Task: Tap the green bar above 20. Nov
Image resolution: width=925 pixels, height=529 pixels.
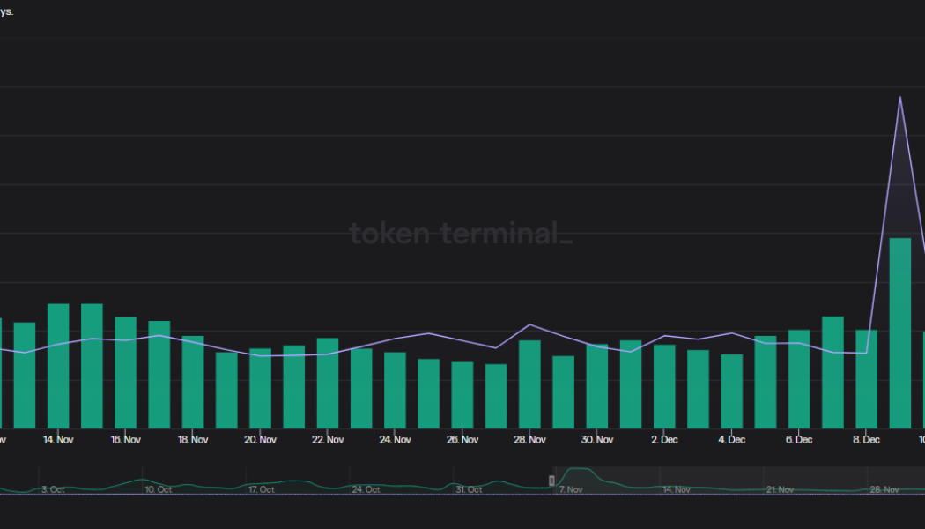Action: (260, 389)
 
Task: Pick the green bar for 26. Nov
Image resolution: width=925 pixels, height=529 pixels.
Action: (462, 395)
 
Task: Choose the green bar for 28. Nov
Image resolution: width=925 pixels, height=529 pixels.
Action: (529, 384)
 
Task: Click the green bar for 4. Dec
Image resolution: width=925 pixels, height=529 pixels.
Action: (731, 391)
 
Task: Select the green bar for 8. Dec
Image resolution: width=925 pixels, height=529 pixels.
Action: (866, 379)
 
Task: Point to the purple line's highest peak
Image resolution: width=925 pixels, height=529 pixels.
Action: (899, 97)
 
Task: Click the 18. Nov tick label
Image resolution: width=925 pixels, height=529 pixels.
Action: (193, 439)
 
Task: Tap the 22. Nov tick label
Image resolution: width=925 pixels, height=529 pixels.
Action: (328, 439)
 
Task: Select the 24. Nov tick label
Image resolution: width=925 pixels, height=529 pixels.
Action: (395, 439)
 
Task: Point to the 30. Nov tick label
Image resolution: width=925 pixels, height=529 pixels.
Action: (597, 439)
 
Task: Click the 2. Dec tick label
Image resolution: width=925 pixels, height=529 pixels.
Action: (664, 439)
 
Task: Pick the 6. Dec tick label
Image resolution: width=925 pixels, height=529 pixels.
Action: (799, 439)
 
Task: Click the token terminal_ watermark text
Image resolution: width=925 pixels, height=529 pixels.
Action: (461, 234)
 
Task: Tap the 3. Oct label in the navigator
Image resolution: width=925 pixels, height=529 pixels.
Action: (53, 489)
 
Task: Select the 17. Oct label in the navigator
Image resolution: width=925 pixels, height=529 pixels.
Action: (261, 489)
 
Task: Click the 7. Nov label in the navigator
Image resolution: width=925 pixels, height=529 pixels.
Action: (570, 489)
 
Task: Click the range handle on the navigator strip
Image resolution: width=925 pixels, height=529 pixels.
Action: (552, 481)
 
